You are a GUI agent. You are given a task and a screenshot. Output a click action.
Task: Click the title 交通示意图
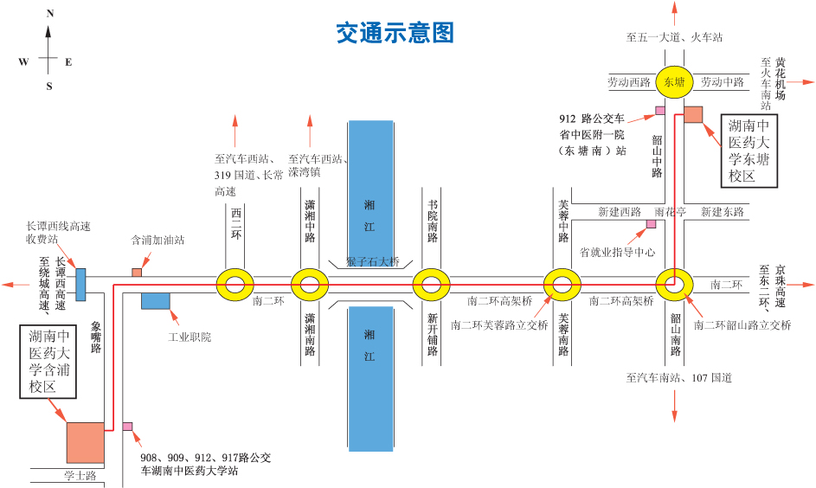[x=395, y=34]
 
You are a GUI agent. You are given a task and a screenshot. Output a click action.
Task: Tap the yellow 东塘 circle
[x=674, y=82]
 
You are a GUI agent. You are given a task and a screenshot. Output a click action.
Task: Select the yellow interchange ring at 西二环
[x=235, y=284]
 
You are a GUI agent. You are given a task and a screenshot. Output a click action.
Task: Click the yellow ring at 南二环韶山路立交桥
[x=674, y=284]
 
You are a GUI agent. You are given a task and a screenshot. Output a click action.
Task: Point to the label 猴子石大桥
[x=373, y=262]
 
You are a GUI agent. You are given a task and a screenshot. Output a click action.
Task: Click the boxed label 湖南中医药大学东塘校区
[x=749, y=151]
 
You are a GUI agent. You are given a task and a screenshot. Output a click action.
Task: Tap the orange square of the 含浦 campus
[x=85, y=442]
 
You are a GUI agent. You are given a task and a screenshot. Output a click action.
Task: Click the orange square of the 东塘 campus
[x=693, y=114]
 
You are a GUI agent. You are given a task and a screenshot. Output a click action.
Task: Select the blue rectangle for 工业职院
[x=155, y=301]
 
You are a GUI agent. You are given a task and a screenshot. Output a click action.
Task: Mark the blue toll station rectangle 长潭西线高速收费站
[x=80, y=284]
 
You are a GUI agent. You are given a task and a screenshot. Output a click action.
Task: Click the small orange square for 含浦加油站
[x=137, y=273]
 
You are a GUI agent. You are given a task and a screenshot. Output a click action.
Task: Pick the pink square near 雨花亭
[x=651, y=224]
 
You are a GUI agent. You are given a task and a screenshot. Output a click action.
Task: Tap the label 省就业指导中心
[x=617, y=252]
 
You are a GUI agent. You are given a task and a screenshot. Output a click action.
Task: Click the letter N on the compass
[x=49, y=14]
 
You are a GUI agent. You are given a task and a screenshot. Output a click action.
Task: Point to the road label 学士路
[x=80, y=476]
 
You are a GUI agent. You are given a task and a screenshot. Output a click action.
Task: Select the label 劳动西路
[x=629, y=82]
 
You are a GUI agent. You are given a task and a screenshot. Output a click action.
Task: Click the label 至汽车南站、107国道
[x=679, y=378]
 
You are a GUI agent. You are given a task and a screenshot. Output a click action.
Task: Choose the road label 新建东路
[x=722, y=212]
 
